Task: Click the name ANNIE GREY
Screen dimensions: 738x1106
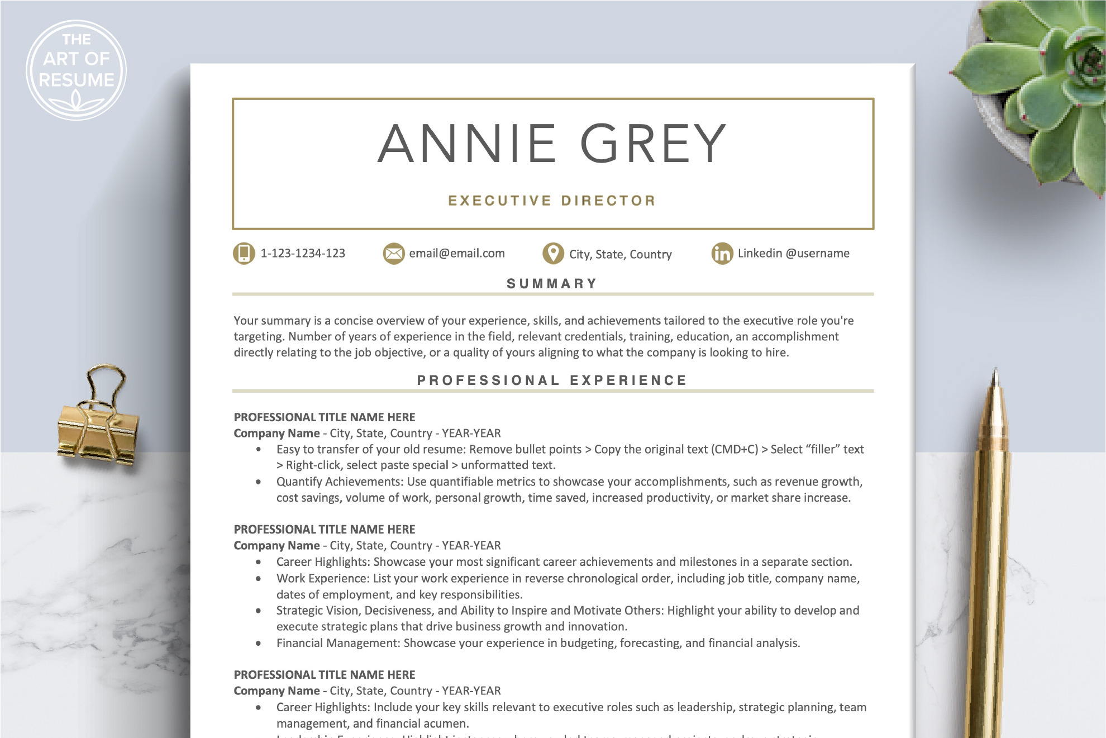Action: pos(552,144)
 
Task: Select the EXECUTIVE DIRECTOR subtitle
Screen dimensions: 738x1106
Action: pos(552,201)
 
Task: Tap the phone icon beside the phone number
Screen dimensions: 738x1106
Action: pos(244,253)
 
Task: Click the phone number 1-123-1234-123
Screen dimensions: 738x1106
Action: pos(303,253)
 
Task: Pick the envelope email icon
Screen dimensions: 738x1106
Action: pos(393,254)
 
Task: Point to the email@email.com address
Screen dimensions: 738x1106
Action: pos(456,253)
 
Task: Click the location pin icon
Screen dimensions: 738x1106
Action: pos(553,253)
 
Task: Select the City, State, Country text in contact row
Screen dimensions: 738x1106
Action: pos(620,254)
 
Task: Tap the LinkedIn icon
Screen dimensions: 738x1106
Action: pos(722,254)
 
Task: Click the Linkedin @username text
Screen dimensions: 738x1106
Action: pos(793,253)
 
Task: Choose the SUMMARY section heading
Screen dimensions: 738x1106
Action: pos(552,284)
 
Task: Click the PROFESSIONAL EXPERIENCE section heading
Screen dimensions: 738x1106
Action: pos(552,380)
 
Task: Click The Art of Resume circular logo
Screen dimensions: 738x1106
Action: pos(77,70)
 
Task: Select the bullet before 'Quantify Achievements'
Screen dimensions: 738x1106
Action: pos(258,482)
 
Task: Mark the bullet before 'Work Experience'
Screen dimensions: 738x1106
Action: pos(258,578)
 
